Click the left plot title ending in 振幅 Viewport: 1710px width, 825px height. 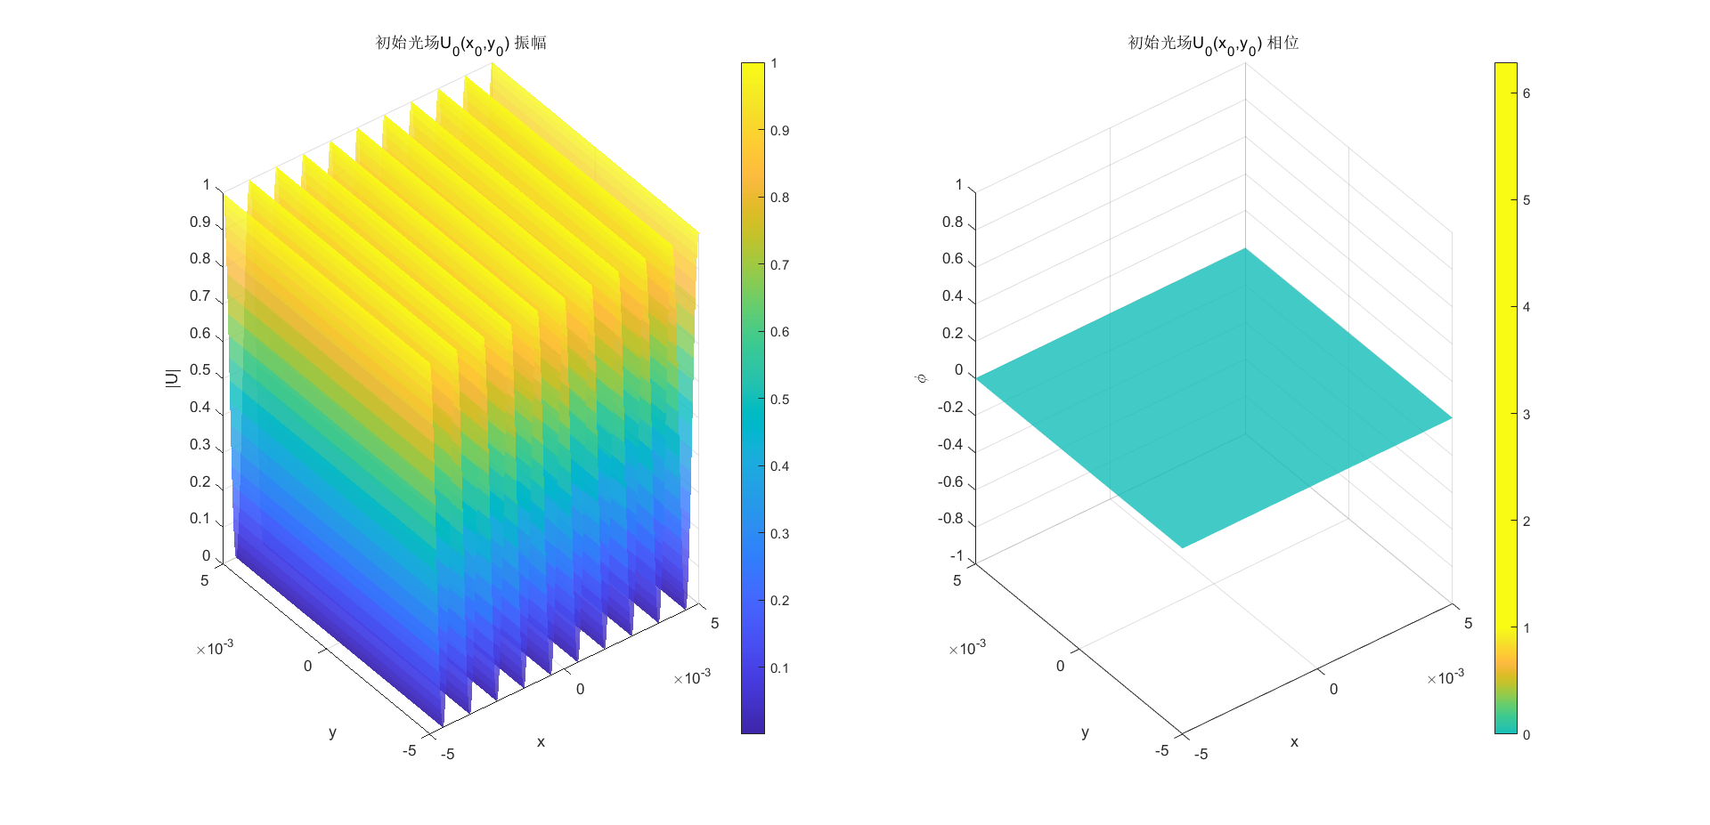[x=460, y=44]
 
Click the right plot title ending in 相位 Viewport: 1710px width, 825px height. [x=1213, y=44]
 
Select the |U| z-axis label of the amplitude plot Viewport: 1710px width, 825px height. [x=173, y=377]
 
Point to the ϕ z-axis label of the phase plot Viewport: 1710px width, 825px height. [x=922, y=378]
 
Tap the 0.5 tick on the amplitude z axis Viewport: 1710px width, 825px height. [x=200, y=370]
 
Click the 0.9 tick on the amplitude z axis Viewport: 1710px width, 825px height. [x=200, y=222]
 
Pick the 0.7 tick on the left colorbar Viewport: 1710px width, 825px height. [x=779, y=265]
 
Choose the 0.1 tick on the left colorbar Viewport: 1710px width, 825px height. [x=779, y=668]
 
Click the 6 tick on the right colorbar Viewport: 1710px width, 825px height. [x=1527, y=93]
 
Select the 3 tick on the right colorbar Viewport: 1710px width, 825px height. [x=1527, y=415]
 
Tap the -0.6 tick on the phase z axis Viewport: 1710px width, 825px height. [x=951, y=482]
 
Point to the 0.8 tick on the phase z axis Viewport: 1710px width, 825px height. [x=953, y=222]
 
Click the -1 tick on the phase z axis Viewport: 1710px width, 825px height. [x=957, y=556]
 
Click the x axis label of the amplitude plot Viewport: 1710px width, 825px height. [x=541, y=742]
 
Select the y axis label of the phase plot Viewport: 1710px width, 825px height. [x=1085, y=732]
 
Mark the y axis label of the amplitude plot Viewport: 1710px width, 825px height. [x=332, y=732]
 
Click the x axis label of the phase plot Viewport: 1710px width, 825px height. [x=1294, y=742]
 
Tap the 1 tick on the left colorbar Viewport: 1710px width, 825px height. [x=774, y=63]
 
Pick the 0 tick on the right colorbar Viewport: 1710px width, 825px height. [x=1527, y=735]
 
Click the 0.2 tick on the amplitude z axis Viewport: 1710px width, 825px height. [x=200, y=482]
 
